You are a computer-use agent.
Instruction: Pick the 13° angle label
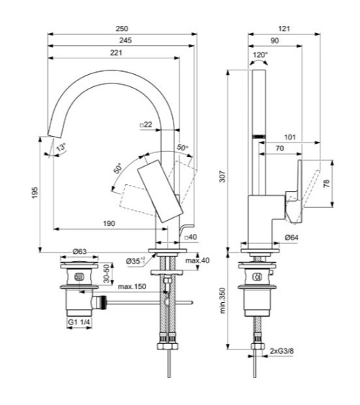(62, 147)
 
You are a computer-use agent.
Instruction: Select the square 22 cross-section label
(146, 125)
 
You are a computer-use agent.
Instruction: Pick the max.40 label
(196, 260)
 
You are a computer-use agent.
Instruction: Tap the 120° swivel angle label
(260, 54)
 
